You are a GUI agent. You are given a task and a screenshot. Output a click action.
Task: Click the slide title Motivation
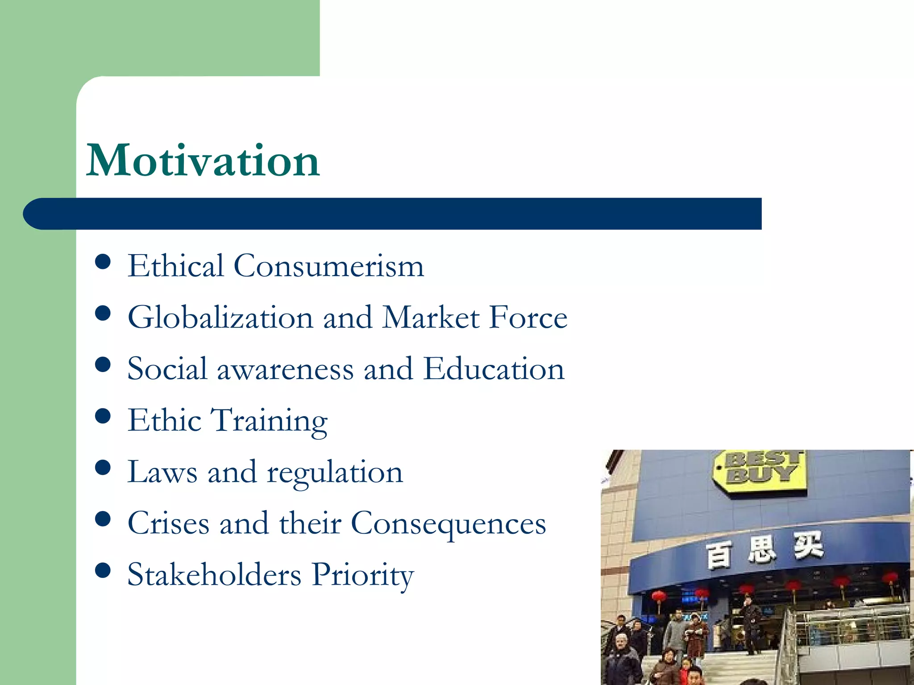203,161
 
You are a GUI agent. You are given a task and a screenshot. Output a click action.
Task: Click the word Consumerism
329,266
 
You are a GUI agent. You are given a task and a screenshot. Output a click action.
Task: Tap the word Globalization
220,318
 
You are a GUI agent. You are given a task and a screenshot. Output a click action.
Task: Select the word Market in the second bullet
431,318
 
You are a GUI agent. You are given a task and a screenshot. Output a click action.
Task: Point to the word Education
494,369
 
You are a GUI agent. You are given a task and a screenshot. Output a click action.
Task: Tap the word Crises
168,523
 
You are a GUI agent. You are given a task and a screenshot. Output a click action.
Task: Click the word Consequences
449,524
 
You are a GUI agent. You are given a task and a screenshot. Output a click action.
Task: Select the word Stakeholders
214,574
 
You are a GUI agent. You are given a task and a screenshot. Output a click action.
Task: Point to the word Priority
362,575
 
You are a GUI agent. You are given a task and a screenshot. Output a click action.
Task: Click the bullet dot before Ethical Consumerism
103,262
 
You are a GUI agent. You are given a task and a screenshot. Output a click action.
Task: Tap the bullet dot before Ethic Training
103,417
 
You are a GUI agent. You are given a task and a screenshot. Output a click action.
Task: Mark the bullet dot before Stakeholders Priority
103,570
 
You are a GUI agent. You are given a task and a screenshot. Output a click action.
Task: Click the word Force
528,318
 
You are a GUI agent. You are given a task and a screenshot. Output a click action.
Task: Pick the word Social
167,369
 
